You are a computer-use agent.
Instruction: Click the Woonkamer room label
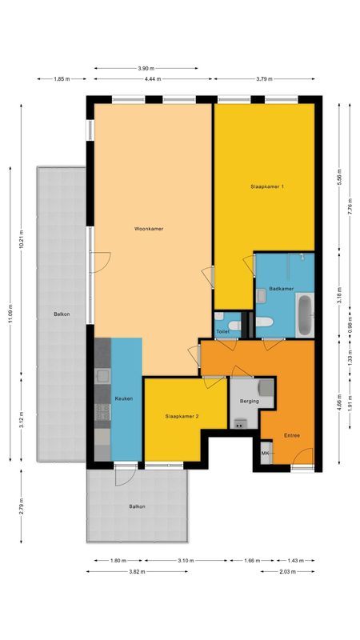point(149,229)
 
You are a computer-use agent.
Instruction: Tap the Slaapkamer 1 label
point(266,186)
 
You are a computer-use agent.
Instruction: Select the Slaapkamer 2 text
point(182,417)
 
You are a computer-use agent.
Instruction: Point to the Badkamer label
point(281,288)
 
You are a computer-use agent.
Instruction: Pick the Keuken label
point(123,398)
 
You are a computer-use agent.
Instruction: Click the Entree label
point(293,435)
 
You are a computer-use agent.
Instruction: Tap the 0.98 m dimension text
point(339,327)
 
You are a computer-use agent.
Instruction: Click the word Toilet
point(223,330)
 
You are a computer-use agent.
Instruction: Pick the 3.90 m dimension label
point(146,68)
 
